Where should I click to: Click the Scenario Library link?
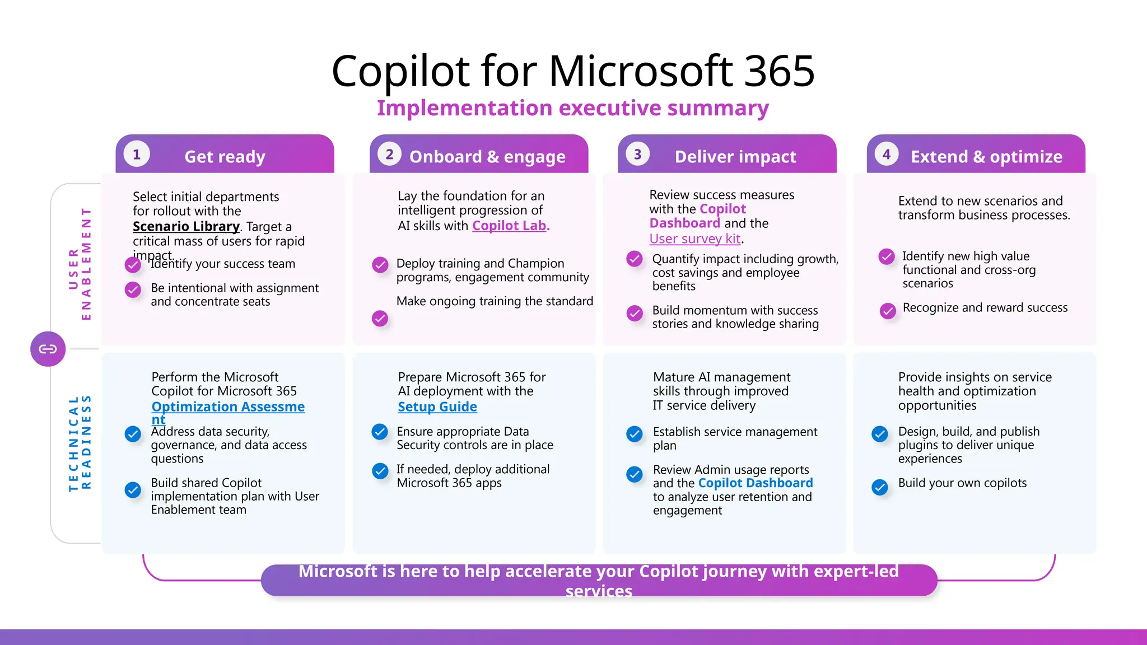point(186,226)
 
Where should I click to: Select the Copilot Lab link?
point(510,226)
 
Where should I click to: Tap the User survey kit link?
point(695,239)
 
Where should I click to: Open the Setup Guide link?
point(437,406)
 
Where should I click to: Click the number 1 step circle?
point(137,155)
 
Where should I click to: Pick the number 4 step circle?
point(886,155)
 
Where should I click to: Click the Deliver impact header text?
point(735,157)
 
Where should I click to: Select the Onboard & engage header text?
point(487,157)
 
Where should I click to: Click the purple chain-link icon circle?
point(48,349)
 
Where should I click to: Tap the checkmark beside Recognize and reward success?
point(888,311)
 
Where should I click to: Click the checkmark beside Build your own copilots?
point(880,487)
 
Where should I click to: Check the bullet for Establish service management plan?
point(635,434)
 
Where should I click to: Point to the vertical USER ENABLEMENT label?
point(80,263)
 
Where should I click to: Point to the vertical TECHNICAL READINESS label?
point(80,443)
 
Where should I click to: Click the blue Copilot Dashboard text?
point(755,483)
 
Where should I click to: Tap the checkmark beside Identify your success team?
point(133,265)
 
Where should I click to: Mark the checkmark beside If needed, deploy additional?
point(380,471)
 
